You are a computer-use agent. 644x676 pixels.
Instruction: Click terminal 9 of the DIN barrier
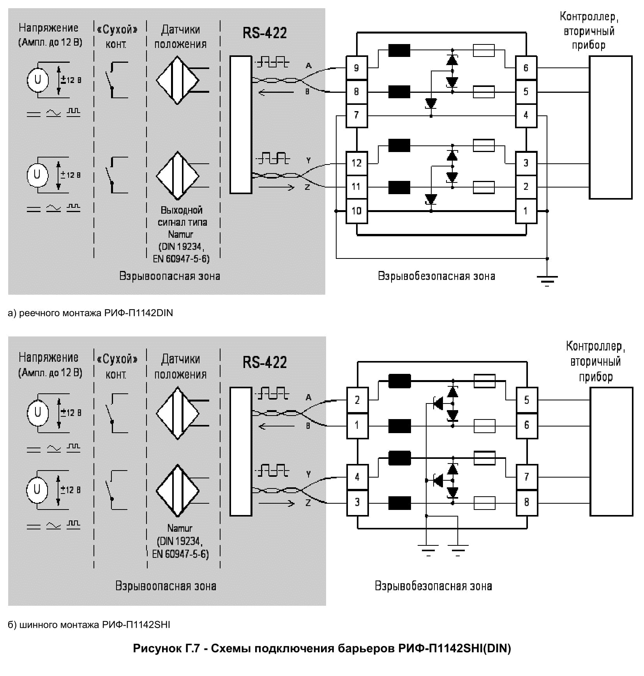pyautogui.click(x=356, y=68)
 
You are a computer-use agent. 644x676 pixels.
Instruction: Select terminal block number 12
pyautogui.click(x=356, y=163)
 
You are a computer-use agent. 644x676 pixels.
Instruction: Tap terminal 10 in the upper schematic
pyautogui.click(x=356, y=211)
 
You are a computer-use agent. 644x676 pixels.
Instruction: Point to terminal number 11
pyautogui.click(x=356, y=187)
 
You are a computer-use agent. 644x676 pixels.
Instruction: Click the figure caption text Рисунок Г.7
pyautogui.click(x=322, y=648)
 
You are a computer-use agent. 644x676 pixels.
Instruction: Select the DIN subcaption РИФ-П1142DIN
pyautogui.click(x=138, y=313)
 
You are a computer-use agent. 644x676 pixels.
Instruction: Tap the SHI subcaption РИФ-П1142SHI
pyautogui.click(x=136, y=625)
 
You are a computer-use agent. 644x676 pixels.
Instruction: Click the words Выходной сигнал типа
pyautogui.click(x=182, y=216)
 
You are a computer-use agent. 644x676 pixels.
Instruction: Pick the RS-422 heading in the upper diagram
pyautogui.click(x=265, y=33)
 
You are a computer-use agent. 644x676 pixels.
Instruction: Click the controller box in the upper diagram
pyautogui.click(x=610, y=127)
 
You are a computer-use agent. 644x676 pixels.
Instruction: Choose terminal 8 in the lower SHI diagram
pyautogui.click(x=526, y=502)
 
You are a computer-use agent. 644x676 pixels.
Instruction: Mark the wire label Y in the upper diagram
pyautogui.click(x=309, y=160)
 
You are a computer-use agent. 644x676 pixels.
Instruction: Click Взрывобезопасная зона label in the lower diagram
pyautogui.click(x=433, y=586)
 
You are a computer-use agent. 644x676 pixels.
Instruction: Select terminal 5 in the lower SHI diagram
pyautogui.click(x=526, y=400)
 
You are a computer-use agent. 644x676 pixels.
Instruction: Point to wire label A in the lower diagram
pyautogui.click(x=309, y=397)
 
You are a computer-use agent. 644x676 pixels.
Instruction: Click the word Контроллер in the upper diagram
pyautogui.click(x=589, y=16)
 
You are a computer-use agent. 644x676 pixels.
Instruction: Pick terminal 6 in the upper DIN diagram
pyautogui.click(x=526, y=68)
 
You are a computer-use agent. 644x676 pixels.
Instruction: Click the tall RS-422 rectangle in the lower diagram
pyautogui.click(x=240, y=451)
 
